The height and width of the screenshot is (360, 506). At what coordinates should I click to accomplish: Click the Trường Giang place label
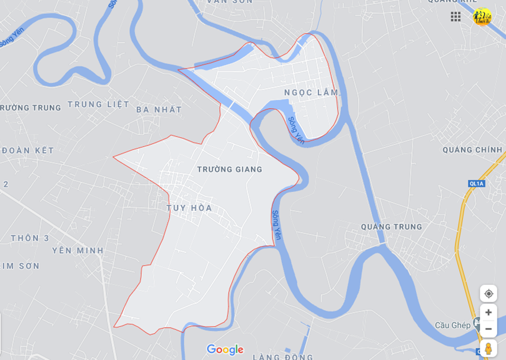pyautogui.click(x=229, y=169)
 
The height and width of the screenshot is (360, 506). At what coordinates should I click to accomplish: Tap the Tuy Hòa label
pyautogui.click(x=189, y=207)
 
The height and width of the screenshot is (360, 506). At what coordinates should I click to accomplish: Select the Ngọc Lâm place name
pyautogui.click(x=311, y=92)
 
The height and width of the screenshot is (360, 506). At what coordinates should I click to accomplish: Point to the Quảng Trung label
pyautogui.click(x=392, y=227)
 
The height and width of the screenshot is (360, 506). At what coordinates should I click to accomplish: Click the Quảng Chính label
pyautogui.click(x=472, y=150)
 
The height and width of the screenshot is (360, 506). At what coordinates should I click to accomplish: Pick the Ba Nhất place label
pyautogui.click(x=159, y=109)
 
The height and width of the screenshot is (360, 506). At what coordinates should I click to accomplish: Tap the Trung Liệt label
pyautogui.click(x=98, y=104)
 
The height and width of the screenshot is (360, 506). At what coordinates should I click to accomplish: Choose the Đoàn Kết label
pyautogui.click(x=27, y=151)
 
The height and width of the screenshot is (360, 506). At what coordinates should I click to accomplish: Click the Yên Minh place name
pyautogui.click(x=77, y=251)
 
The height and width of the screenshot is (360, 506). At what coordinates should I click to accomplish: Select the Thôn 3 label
pyautogui.click(x=29, y=238)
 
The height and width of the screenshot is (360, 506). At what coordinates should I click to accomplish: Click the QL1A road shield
pyautogui.click(x=476, y=183)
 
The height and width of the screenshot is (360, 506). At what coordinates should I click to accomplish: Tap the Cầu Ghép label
pyautogui.click(x=453, y=326)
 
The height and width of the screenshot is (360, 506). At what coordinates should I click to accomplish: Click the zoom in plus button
pyautogui.click(x=489, y=312)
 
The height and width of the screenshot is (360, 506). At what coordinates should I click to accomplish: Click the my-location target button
pyautogui.click(x=489, y=293)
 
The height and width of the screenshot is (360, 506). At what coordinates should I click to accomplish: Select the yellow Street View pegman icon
pyautogui.click(x=489, y=348)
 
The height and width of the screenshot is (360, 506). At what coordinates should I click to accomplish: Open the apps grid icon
pyautogui.click(x=455, y=16)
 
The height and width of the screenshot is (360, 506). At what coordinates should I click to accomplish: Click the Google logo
pyautogui.click(x=225, y=349)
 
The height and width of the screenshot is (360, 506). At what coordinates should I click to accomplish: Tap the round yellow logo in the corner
pyautogui.click(x=482, y=16)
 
